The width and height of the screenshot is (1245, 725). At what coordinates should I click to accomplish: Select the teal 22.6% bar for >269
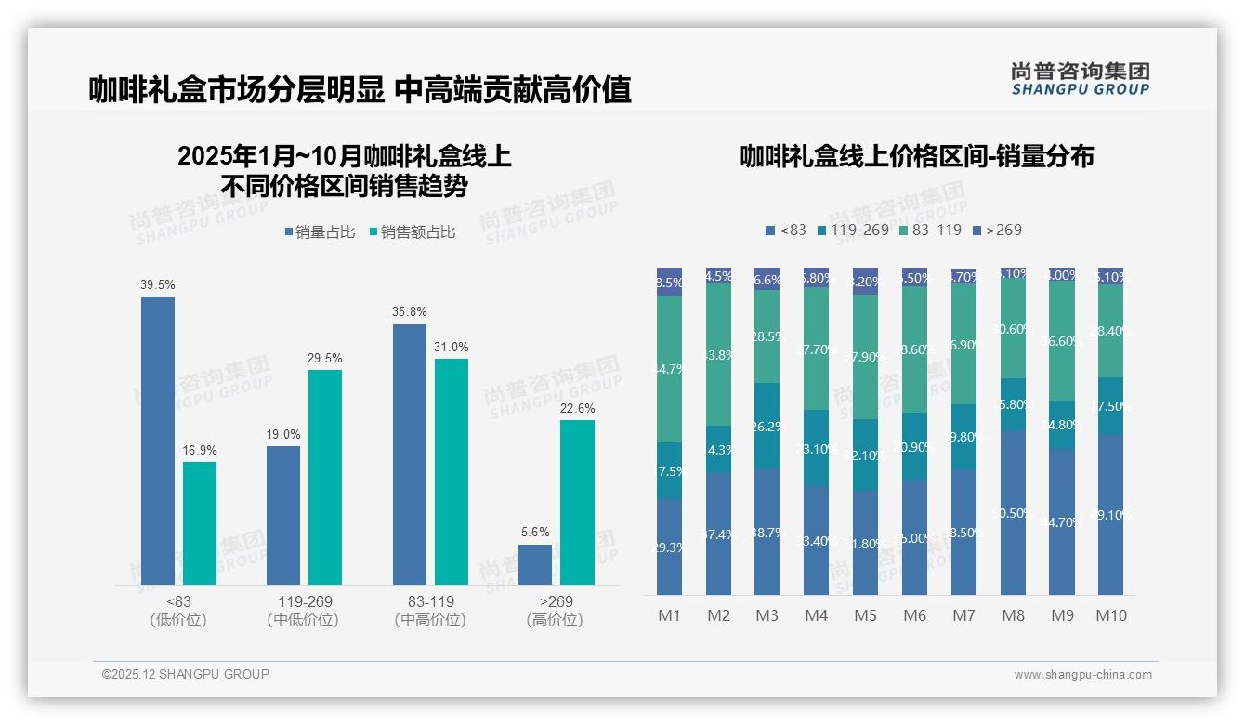577,502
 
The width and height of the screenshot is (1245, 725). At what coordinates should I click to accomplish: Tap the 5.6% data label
535,533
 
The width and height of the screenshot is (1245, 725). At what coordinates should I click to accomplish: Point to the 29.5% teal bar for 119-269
325,477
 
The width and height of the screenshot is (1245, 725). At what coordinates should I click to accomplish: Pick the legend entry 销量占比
320,232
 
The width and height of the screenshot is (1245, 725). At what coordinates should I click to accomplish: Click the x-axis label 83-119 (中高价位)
430,611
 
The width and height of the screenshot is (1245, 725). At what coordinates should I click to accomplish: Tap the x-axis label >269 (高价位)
555,611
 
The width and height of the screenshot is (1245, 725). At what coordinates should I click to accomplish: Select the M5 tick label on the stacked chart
865,615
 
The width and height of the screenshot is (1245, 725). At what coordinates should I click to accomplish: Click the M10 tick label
1110,615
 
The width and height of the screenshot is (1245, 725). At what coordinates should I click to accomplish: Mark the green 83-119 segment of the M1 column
669,368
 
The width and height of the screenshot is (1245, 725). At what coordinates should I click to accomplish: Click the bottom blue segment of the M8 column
1013,512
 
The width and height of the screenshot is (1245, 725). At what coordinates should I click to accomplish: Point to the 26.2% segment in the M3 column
767,426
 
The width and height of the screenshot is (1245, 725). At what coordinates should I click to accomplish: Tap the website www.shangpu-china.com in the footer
1082,675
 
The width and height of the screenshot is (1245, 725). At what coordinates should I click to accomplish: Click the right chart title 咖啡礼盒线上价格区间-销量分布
916,156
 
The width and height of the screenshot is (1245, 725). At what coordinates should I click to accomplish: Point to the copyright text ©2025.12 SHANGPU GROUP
186,674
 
